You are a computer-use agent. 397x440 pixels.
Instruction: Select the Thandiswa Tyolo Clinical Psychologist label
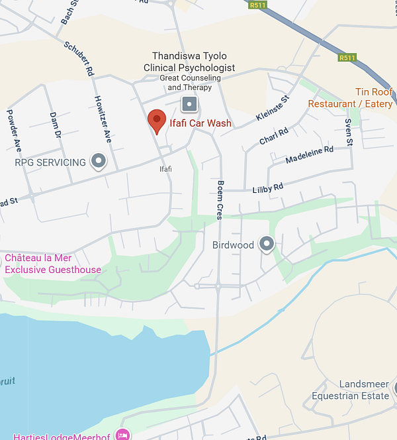click(x=189, y=62)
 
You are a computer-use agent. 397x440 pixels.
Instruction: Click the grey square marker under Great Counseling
click(x=190, y=103)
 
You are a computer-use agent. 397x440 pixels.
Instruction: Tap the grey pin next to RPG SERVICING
click(x=99, y=161)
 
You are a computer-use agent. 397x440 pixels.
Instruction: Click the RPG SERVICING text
click(x=50, y=162)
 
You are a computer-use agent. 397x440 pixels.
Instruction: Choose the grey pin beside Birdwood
click(x=266, y=245)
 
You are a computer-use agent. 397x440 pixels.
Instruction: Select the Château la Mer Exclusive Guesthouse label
click(x=53, y=264)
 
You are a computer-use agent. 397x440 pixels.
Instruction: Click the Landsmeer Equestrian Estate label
click(x=351, y=390)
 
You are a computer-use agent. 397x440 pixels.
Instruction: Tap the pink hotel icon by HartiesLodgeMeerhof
click(x=122, y=435)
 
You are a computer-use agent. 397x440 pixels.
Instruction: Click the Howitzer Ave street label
click(x=103, y=119)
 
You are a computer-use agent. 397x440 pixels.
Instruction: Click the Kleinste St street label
click(x=273, y=109)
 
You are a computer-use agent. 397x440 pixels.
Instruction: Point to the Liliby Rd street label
click(x=267, y=189)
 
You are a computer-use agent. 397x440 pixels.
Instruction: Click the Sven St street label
click(x=349, y=133)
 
